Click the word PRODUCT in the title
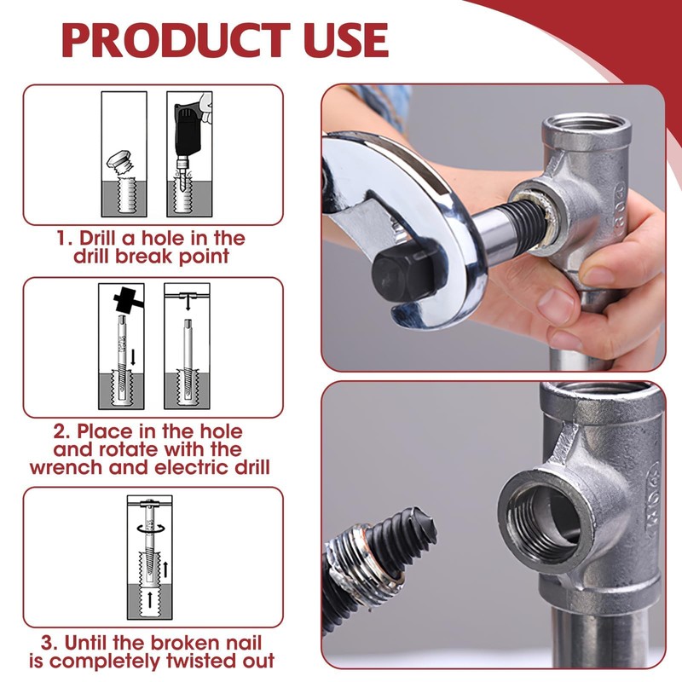click(176, 39)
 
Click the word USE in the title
click(346, 39)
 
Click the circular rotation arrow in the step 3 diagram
click(150, 528)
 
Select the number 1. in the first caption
click(64, 239)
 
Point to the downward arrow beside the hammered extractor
click(134, 356)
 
